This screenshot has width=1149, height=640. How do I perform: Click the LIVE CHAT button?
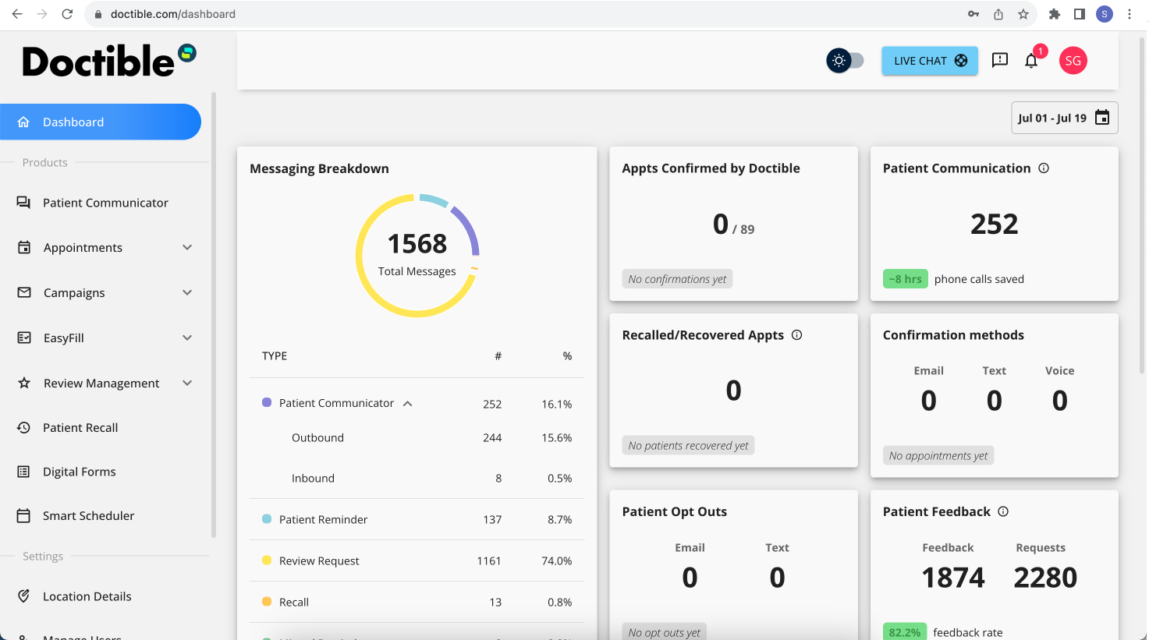(929, 61)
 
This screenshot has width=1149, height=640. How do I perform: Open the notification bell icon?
(1031, 61)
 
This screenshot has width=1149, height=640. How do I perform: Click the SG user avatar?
(1073, 61)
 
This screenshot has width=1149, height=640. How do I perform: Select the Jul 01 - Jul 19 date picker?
(1064, 118)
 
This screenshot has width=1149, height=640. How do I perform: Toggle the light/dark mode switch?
(846, 61)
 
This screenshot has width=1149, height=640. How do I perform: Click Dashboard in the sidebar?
(100, 122)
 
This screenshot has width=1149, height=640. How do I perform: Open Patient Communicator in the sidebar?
(105, 203)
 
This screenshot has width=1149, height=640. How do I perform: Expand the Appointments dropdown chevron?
(187, 248)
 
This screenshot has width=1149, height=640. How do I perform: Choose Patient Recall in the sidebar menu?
(80, 428)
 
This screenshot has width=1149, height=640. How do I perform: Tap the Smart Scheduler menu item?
(88, 516)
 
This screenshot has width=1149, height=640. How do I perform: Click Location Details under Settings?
(87, 596)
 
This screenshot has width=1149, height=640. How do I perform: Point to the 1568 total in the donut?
(417, 244)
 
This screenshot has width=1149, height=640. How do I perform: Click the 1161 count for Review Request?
(489, 561)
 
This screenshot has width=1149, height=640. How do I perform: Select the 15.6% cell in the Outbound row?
(556, 438)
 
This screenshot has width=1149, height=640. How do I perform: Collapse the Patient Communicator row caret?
(407, 404)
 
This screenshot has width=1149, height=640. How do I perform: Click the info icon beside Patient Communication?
(1044, 168)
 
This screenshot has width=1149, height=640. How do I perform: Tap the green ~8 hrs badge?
(905, 279)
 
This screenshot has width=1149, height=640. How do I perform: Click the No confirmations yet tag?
(677, 279)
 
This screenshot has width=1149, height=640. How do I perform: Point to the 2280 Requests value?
(1045, 578)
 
